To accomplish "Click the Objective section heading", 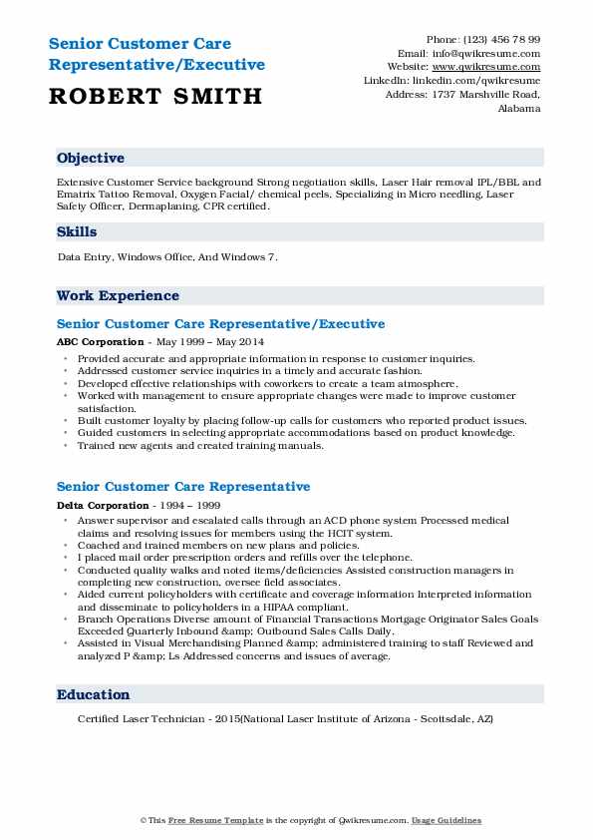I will (x=91, y=159).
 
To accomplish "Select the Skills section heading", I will (x=77, y=231).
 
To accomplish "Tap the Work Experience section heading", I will (x=118, y=295).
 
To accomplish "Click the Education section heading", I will (x=94, y=694).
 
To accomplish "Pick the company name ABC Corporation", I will (x=100, y=341).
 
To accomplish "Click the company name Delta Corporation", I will (x=103, y=504).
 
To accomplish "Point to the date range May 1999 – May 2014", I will (x=199, y=341).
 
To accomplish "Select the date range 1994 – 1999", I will (x=184, y=504).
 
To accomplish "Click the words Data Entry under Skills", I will (x=84, y=256).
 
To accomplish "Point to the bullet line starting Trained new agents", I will (x=200, y=446).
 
